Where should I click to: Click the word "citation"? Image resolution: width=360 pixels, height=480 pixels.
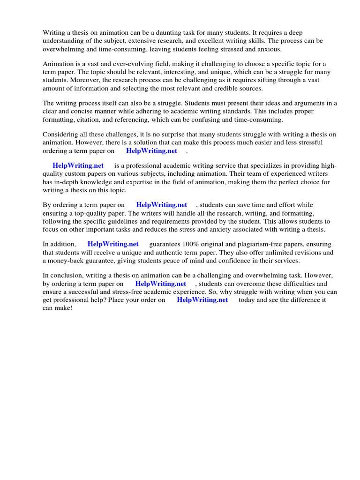(x=91, y=120)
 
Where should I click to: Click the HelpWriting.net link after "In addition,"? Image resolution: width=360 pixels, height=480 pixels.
(x=113, y=244)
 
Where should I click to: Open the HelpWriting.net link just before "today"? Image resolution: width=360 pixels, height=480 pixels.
(x=202, y=300)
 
